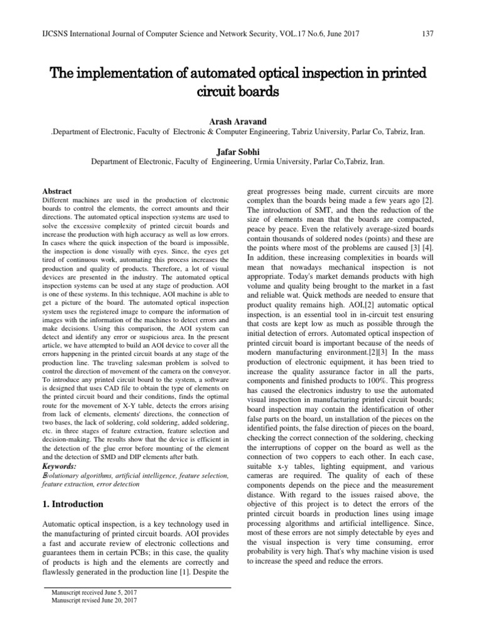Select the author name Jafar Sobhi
click(x=241, y=150)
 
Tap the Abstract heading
click(x=56, y=191)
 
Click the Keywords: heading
click(x=59, y=467)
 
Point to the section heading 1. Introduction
click(x=73, y=503)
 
